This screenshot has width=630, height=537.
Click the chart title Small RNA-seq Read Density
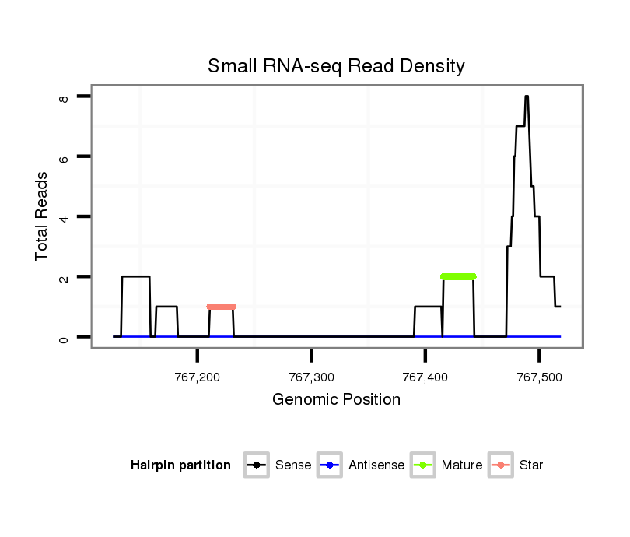336,66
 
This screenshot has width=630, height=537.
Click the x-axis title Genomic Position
336,400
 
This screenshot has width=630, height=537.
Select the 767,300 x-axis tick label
311,377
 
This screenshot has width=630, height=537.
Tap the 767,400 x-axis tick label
425,377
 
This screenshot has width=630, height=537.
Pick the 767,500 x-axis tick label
538,377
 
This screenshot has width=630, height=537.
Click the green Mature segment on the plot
458,276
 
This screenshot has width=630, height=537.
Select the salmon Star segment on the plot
221,307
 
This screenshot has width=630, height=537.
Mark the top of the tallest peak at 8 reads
527,97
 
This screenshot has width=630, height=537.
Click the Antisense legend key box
330,465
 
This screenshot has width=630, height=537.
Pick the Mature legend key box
422,465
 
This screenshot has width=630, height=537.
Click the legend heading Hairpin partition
180,465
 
